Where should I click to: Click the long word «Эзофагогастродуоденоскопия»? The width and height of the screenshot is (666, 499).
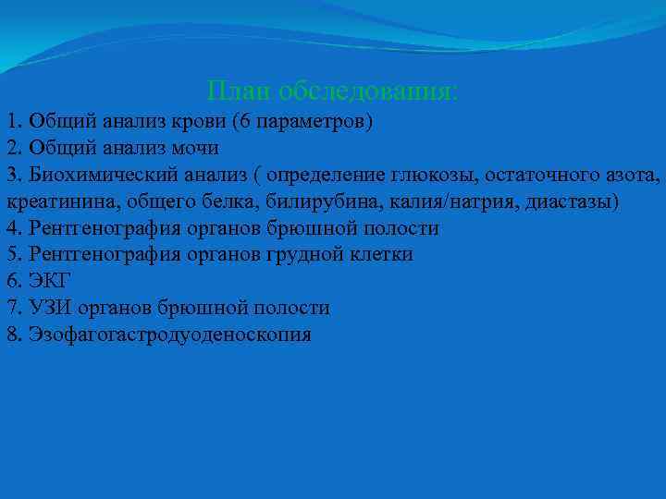click(170, 335)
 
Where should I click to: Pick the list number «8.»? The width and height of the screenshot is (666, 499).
click(14, 335)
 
